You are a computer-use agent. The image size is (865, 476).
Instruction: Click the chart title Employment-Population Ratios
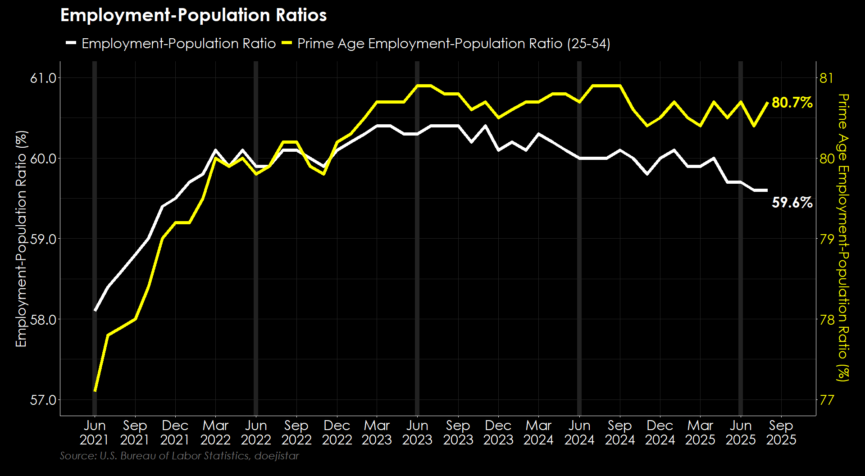coord(193,15)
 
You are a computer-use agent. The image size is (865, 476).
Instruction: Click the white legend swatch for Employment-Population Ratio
coord(71,43)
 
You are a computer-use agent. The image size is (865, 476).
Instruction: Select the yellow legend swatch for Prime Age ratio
coord(287,43)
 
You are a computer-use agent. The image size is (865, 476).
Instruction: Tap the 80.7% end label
coord(792,103)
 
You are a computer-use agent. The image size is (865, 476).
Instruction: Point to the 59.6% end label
coord(792,203)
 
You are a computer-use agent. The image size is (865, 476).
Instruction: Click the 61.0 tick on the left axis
coord(43,78)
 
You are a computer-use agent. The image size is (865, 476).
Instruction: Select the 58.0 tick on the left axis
coord(43,320)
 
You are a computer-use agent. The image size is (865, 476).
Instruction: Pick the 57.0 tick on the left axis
coord(43,400)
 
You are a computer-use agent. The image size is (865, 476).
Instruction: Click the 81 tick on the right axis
coord(826,78)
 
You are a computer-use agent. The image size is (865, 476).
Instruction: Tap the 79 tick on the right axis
coord(826,239)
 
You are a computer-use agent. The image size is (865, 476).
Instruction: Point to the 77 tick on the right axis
coord(826,400)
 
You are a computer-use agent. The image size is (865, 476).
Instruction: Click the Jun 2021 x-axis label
coord(95,432)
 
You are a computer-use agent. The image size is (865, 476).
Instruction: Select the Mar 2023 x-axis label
coord(377,432)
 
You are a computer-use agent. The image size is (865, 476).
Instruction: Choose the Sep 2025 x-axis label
coord(781,432)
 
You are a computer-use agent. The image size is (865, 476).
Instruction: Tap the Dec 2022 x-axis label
coord(337,432)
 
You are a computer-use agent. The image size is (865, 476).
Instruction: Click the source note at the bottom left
coord(179,456)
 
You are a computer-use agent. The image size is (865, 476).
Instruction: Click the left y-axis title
coord(21,239)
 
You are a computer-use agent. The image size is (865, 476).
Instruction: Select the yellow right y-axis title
coord(843,238)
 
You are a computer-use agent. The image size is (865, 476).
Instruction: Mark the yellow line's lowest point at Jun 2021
coord(95,391)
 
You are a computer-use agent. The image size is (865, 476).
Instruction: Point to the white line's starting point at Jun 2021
coord(95,310)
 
